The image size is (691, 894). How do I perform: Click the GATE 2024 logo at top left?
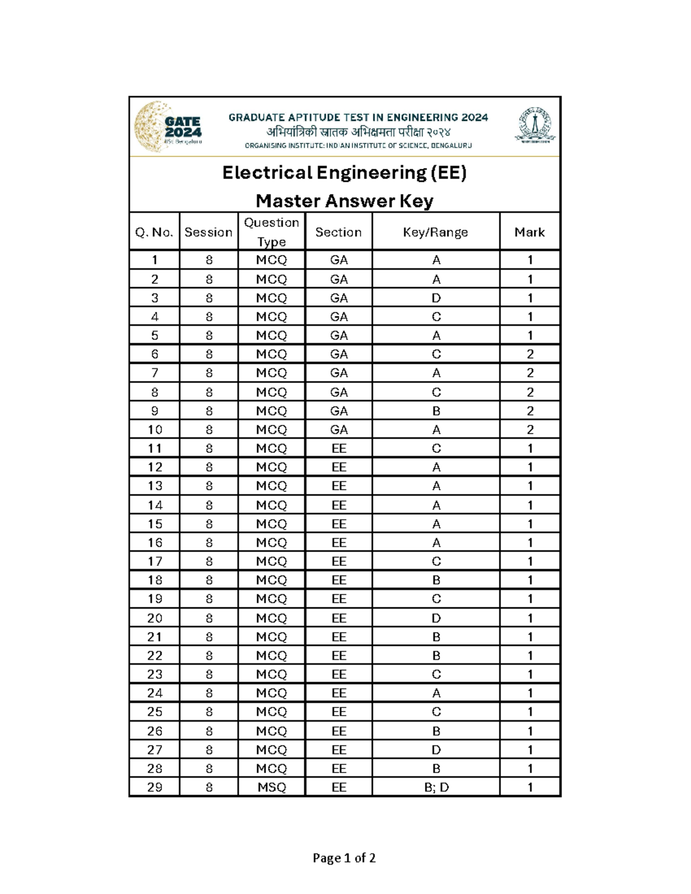(168, 127)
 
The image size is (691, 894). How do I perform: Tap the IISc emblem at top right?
(536, 125)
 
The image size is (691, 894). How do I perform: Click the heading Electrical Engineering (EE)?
(344, 173)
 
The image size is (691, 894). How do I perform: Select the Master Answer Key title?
(344, 201)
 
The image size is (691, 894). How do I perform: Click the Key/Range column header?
(435, 232)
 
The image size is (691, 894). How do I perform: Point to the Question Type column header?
(271, 231)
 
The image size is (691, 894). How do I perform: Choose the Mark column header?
(529, 232)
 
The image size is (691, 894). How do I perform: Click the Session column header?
(208, 232)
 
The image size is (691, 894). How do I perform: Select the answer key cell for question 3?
(436, 298)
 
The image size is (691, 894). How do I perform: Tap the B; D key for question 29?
(436, 787)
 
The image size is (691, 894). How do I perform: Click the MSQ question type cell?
(271, 787)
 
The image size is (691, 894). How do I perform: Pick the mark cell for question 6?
(530, 354)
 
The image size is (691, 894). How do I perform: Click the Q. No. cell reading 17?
(154, 561)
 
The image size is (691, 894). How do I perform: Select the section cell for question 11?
(339, 448)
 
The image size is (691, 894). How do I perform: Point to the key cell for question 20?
(436, 618)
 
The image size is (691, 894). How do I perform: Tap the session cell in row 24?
(209, 693)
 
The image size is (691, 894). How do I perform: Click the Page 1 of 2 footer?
(344, 858)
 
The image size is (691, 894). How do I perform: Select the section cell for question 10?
(339, 429)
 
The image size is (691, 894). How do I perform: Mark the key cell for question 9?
(436, 411)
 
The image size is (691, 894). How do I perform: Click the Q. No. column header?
(154, 232)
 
